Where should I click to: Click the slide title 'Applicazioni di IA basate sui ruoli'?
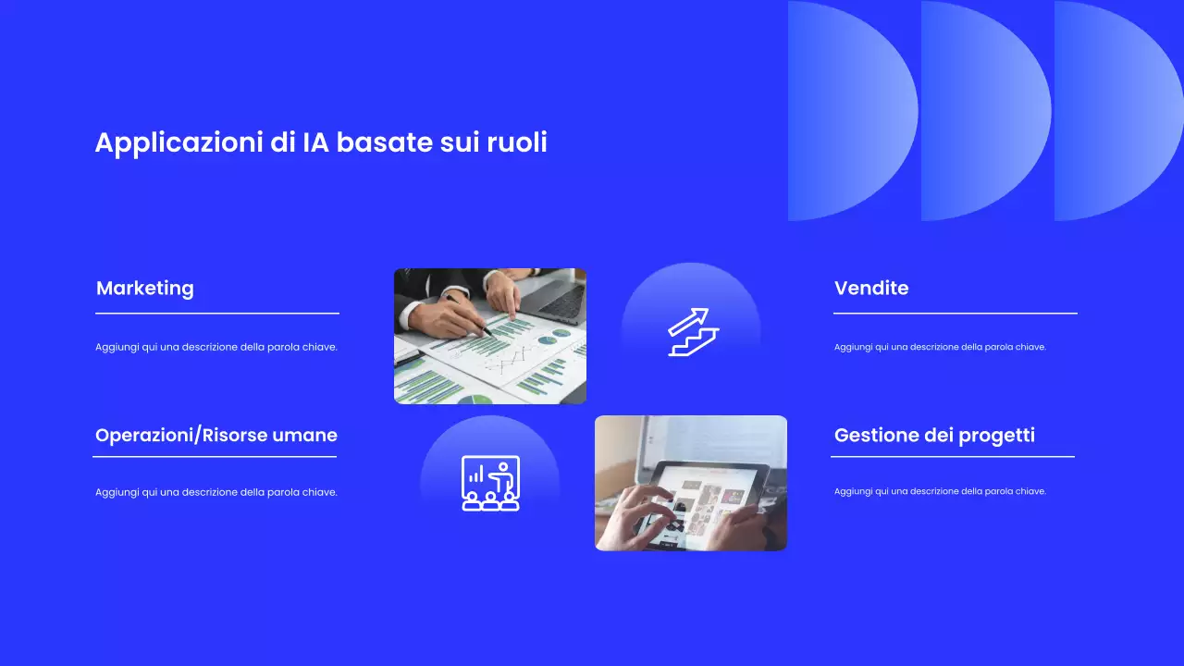point(321,142)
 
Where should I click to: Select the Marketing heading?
point(145,288)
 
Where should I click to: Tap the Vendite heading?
point(871,288)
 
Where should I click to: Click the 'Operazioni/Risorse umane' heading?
point(216,435)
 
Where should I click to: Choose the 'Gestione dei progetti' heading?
point(934,435)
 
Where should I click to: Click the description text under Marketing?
point(216,347)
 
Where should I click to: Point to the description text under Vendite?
point(940,347)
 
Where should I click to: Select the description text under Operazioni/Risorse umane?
point(216,492)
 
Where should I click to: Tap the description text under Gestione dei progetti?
point(940,491)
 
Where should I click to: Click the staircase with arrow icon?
point(692,332)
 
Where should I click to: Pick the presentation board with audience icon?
point(490,483)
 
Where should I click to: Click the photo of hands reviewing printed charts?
point(490,337)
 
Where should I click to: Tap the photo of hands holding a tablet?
point(691,483)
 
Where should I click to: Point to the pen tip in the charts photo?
point(488,332)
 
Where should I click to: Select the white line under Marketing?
point(217,314)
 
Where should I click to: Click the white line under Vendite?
point(956,314)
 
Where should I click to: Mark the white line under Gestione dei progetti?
point(953,456)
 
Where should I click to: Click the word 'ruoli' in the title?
point(517,142)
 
